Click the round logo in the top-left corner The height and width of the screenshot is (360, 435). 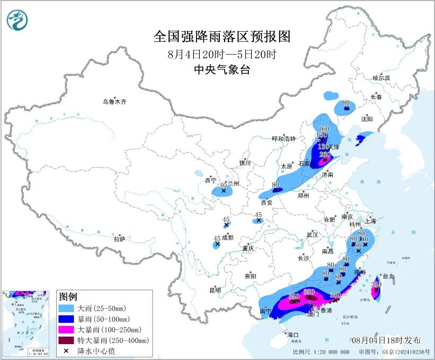(17, 20)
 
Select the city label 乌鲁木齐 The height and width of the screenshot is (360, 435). (116, 101)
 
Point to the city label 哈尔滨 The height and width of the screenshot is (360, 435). (380, 78)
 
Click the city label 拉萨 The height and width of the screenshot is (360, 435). (119, 239)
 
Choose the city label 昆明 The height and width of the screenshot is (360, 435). (215, 290)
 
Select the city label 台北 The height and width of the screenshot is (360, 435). (388, 276)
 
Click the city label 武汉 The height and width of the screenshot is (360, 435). (312, 234)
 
